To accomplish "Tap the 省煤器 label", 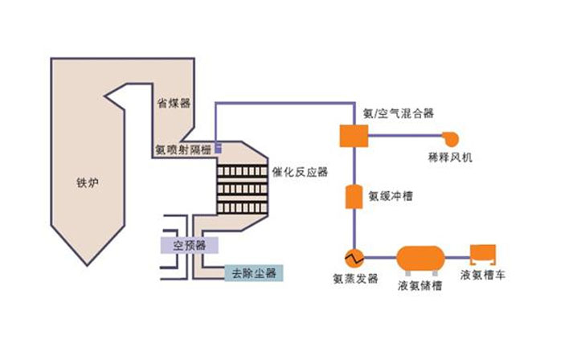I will pos(174,103).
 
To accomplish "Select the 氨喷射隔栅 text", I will pos(182,149).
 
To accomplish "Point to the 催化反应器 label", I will pos(301,171).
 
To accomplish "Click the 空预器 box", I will pos(184,243).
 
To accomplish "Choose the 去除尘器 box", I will pos(253,272).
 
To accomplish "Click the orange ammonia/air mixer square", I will pos(353,136).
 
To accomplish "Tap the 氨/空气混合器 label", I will pos(398,113).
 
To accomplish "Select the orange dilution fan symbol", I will pos(448,137).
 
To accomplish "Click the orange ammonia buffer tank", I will pos(353,196).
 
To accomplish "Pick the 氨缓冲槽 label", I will pos(391,194).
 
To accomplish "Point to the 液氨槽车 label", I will pos(484,276).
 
